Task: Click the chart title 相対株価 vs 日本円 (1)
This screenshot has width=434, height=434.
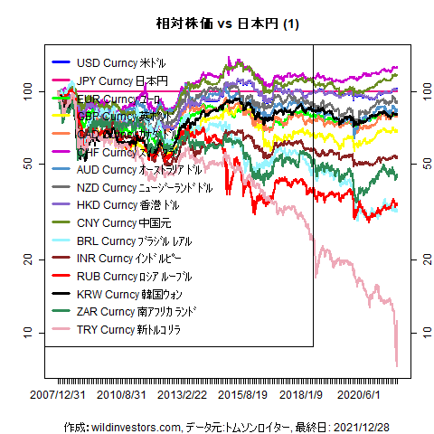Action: pyautogui.click(x=217, y=24)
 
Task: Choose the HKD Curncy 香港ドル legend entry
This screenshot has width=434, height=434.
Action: pyautogui.click(x=126, y=204)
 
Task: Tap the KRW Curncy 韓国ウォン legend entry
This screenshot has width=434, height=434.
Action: pyautogui.click(x=127, y=293)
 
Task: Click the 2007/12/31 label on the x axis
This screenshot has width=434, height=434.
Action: pyautogui.click(x=59, y=394)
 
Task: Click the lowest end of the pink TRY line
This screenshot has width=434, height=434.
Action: pyautogui.click(x=397, y=365)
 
